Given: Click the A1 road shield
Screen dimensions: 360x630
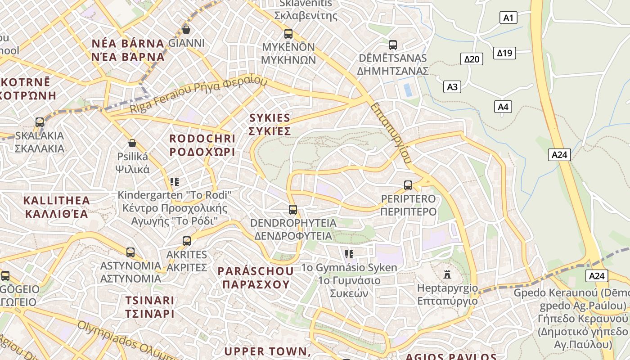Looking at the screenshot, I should [x=508, y=18].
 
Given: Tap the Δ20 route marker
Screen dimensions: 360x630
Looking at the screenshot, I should [x=472, y=59].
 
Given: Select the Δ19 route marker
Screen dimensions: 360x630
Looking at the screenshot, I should [x=504, y=53].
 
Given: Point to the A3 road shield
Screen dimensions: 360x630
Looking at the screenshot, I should [x=452, y=87].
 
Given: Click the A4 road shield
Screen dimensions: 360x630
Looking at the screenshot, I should [x=503, y=107].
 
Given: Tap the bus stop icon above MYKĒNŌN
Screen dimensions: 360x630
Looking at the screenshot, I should [x=288, y=34].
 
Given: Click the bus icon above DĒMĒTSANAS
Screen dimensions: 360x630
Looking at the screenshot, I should [x=393, y=45].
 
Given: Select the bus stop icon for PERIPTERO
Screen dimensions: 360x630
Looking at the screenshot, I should [x=408, y=185].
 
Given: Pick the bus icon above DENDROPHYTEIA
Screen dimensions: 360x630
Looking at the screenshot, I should [x=293, y=210].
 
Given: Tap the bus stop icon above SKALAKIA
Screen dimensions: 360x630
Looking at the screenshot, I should [x=40, y=122].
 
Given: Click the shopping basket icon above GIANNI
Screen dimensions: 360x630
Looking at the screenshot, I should [x=186, y=30].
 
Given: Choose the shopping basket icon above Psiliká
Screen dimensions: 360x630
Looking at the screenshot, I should [x=132, y=144].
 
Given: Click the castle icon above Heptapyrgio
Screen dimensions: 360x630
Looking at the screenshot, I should [x=447, y=274].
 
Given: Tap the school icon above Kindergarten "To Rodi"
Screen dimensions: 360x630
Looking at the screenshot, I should [x=175, y=182].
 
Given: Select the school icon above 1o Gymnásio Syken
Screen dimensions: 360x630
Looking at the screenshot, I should [x=349, y=254].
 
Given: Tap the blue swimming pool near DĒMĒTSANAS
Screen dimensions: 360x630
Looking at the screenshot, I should [x=408, y=90].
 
